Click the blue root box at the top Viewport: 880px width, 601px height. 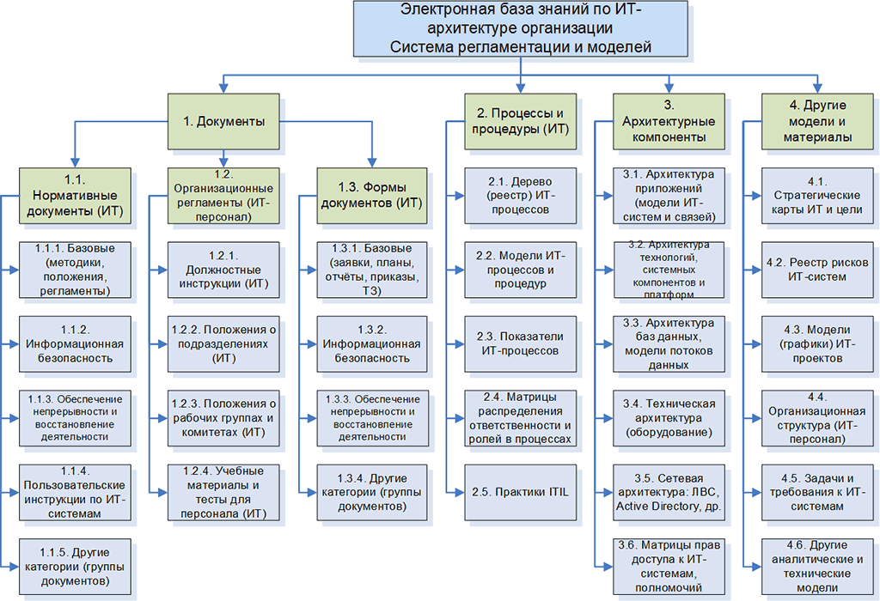click(521, 30)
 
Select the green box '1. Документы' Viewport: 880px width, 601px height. click(223, 121)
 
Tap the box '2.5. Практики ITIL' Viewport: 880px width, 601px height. click(520, 491)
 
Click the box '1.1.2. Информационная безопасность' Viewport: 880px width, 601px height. click(75, 343)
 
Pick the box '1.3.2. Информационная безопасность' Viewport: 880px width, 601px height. click(371, 343)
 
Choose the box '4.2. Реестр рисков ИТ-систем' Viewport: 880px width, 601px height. click(816, 270)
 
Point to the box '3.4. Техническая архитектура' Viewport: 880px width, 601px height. click(668, 417)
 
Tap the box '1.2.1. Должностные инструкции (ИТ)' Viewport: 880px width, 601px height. click(223, 270)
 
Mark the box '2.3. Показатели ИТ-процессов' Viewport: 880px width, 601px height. click(520, 343)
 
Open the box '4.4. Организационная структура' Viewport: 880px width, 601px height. click(816, 417)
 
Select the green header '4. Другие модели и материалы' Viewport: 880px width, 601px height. click(816, 121)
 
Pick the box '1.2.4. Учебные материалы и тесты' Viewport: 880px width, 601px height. click(223, 492)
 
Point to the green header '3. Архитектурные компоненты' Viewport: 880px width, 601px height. click(668, 121)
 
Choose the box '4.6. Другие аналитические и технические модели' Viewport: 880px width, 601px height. click(816, 566)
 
